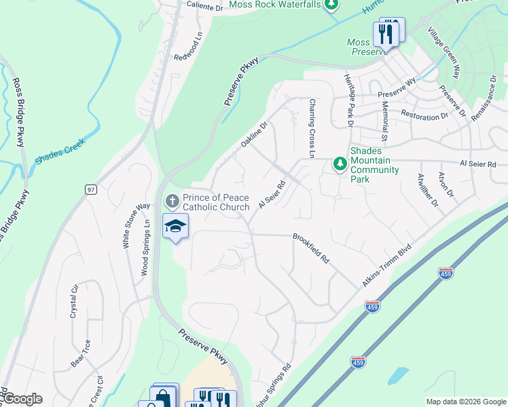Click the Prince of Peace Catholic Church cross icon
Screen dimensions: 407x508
172,201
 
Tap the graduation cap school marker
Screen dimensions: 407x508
175,227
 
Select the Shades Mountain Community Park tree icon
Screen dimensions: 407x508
340,163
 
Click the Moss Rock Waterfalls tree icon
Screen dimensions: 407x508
331,5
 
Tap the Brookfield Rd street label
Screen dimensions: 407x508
311,249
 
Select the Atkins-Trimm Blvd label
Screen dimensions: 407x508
388,265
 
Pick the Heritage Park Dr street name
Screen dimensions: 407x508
348,100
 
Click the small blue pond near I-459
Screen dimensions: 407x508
397,374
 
